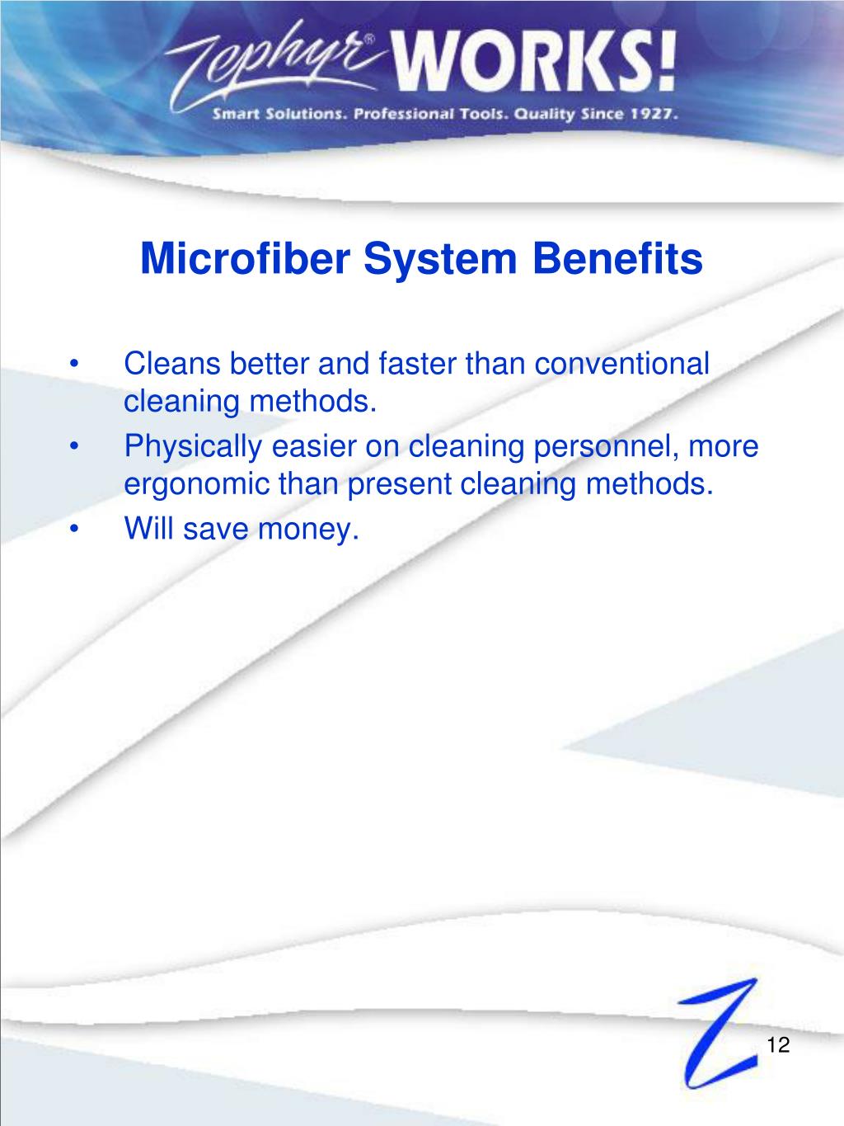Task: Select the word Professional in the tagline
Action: click(x=401, y=115)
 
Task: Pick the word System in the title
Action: click(x=443, y=259)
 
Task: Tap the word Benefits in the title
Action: click(x=618, y=259)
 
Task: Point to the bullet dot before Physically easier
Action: click(x=77, y=446)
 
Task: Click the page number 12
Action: click(x=778, y=1045)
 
